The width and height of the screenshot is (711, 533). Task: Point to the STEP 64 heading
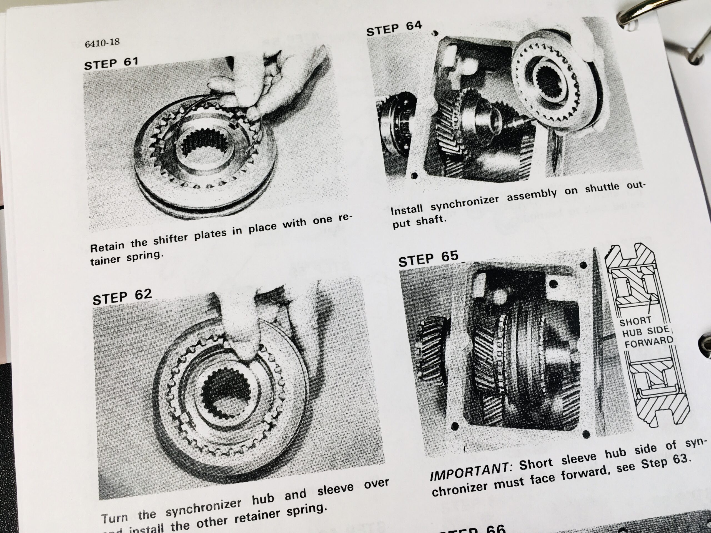pos(394,28)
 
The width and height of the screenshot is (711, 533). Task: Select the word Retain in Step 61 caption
pos(107,247)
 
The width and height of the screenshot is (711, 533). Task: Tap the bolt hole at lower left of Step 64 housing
pos(414,175)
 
